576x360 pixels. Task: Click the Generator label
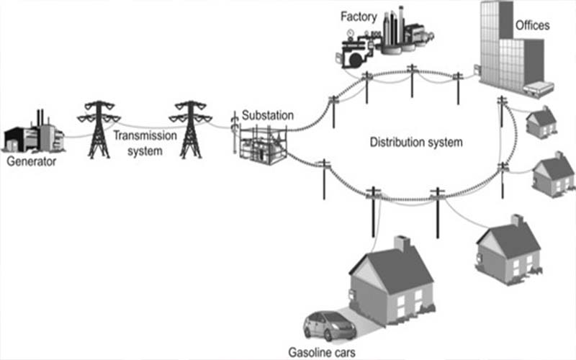31,161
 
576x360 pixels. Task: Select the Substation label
268,114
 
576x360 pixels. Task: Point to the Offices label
532,26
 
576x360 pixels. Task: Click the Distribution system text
415,142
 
